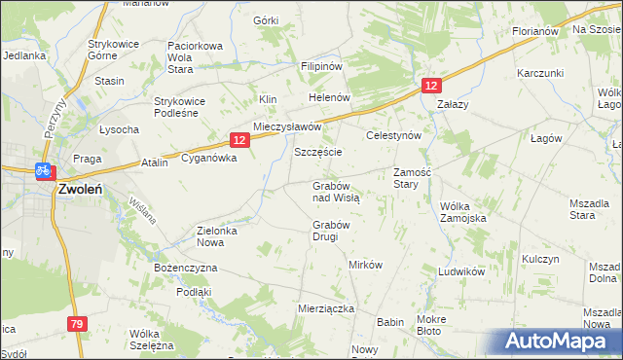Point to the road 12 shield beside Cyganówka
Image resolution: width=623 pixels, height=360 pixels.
click(x=240, y=140)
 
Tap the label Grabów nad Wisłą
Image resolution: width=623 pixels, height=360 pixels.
click(x=336, y=191)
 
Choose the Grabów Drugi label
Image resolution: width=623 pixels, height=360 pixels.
click(x=330, y=231)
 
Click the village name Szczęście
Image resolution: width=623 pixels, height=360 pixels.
click(x=317, y=154)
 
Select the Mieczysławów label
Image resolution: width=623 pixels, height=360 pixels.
click(x=287, y=127)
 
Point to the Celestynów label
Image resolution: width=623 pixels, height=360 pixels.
click(x=392, y=136)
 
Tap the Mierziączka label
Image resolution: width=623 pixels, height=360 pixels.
click(x=325, y=307)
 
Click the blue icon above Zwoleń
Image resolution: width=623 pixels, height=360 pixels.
click(x=43, y=170)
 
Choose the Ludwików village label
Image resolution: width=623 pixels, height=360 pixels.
click(x=461, y=271)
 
